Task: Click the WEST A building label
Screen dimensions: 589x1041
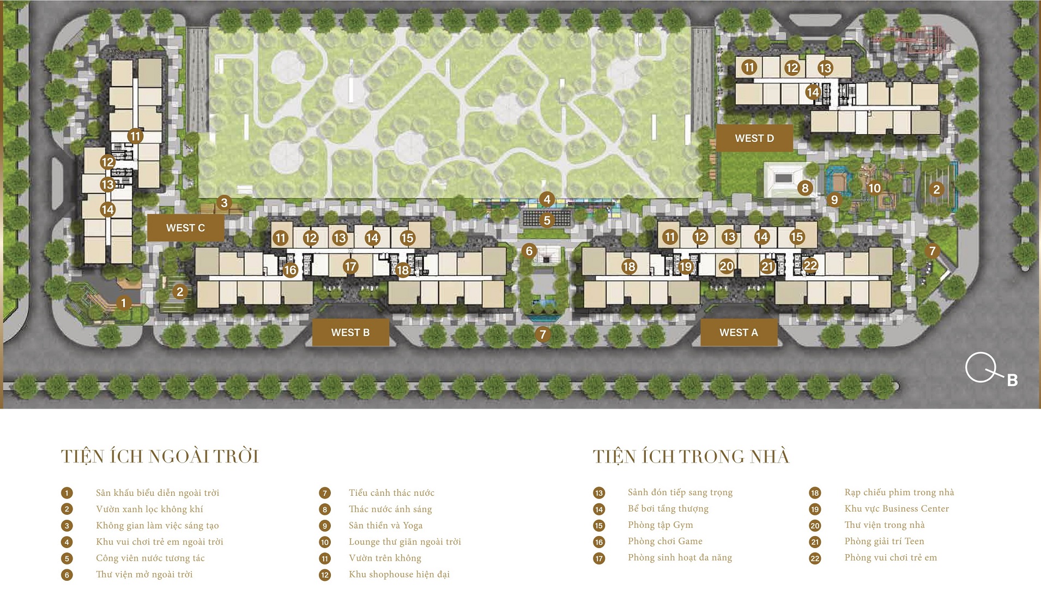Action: (739, 333)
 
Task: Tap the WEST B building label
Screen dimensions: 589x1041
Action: (350, 333)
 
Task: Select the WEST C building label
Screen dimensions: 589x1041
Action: (185, 228)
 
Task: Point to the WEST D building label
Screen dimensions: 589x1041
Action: (754, 139)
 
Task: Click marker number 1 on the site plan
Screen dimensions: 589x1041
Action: (124, 303)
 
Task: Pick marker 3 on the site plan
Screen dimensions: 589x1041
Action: (224, 203)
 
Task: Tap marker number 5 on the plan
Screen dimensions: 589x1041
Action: (547, 220)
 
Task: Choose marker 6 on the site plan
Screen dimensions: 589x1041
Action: (529, 251)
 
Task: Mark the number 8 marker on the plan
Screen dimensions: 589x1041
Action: (805, 189)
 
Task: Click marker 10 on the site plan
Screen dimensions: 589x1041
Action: (874, 188)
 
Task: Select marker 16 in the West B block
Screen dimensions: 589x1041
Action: (290, 270)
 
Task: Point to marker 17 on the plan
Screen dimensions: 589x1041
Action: (350, 267)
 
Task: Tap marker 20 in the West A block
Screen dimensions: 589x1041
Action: (726, 266)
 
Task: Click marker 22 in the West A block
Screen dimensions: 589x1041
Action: (810, 266)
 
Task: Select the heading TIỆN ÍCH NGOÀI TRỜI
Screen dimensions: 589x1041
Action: (160, 456)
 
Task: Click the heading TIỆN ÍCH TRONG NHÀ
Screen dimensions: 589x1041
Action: (691, 456)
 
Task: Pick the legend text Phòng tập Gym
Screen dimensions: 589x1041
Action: (660, 525)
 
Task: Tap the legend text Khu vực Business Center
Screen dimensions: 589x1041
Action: (897, 509)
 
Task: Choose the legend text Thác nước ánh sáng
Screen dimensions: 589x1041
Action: (390, 509)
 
